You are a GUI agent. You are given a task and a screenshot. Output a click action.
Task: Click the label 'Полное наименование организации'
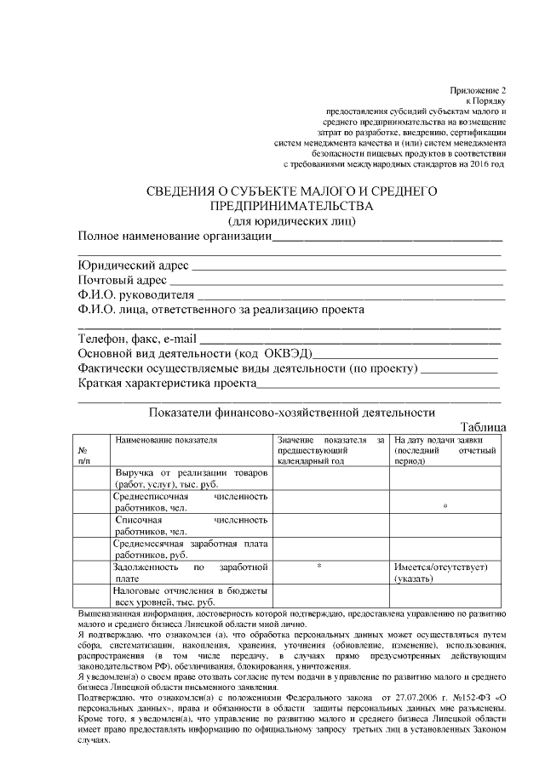[175, 236]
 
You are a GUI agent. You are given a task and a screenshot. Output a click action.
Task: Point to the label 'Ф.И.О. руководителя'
[135, 295]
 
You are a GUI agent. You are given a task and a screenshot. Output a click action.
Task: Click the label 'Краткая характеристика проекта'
[167, 384]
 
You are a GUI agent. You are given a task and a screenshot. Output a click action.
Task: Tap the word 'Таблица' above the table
[483, 427]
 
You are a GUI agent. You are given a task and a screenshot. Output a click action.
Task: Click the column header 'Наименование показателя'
[166, 440]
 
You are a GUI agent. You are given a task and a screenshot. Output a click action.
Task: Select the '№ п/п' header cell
[84, 454]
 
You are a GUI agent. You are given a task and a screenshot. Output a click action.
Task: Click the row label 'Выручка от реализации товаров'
[191, 473]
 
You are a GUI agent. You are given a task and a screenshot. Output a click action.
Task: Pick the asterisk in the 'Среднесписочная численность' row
[445, 507]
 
